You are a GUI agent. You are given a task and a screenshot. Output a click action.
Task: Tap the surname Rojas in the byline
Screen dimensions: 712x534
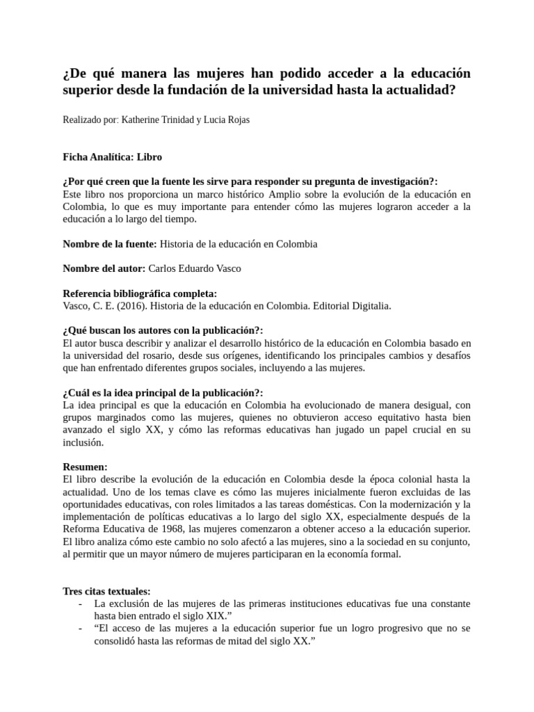point(236,120)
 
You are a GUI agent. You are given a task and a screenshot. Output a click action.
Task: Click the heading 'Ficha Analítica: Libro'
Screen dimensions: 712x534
point(112,157)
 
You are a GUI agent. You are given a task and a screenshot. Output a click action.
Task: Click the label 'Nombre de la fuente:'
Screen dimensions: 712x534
point(110,244)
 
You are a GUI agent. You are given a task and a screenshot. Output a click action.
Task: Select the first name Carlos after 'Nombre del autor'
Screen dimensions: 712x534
point(165,268)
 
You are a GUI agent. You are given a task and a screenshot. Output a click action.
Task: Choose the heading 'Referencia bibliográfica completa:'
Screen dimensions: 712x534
point(140,293)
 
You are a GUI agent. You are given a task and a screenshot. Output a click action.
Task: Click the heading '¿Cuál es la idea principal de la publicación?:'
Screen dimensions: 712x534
point(163,392)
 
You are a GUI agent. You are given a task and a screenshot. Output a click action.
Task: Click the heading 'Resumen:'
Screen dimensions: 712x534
point(85,467)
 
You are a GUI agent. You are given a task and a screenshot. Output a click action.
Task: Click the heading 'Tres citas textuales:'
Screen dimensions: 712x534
point(106,591)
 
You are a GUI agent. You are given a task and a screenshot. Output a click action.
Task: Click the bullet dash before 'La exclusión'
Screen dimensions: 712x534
point(81,604)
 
